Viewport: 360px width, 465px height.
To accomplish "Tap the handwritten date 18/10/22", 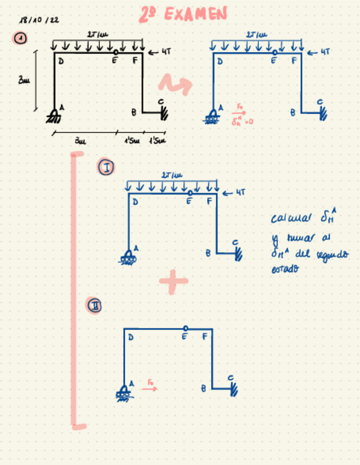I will click(39, 20).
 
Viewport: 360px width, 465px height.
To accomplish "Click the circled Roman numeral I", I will click(106, 168).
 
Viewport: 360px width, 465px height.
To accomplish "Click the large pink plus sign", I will click(173, 281).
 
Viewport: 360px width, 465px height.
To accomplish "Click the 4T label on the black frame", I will click(167, 53).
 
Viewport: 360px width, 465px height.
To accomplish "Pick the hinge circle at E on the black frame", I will click(115, 52).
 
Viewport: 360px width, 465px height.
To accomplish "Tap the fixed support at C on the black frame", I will click(163, 112).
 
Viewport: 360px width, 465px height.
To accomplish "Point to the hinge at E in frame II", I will click(187, 328).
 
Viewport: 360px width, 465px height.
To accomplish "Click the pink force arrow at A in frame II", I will click(149, 387).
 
